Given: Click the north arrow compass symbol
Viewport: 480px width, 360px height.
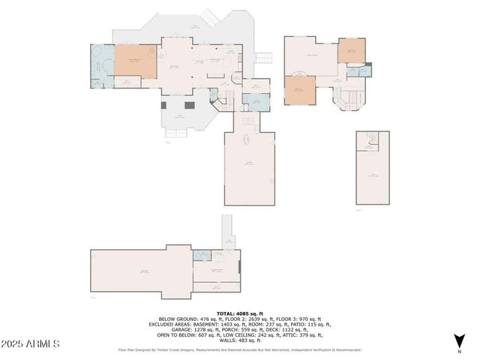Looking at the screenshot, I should pos(458,341).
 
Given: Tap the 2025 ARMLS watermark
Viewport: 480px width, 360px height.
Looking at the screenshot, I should pos(31,343).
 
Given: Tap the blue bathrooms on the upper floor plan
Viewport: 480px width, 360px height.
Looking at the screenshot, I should pos(360,71).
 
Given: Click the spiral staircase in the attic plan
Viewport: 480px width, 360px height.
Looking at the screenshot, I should pos(371,142).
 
